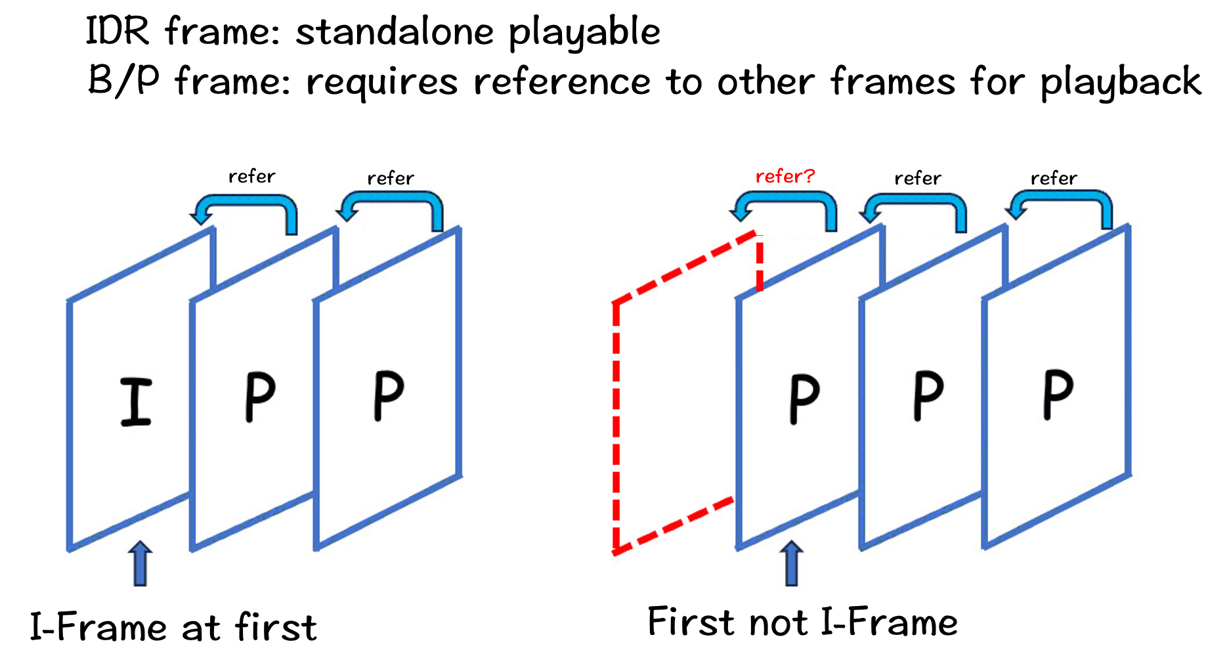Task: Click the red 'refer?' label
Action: (785, 176)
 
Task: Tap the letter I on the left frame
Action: (136, 402)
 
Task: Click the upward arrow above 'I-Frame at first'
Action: (140, 563)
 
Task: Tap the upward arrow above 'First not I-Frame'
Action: (792, 563)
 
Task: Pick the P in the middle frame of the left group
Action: (259, 397)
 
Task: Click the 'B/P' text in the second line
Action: (123, 81)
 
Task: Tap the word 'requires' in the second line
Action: (381, 83)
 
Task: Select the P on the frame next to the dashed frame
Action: (804, 399)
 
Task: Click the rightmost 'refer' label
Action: (1053, 178)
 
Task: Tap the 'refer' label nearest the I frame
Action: (251, 176)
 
